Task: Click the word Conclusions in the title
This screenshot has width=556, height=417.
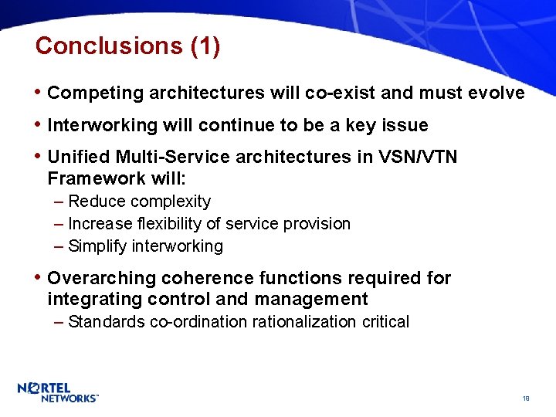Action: pos(109,46)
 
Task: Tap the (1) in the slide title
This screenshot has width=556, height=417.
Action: pos(205,46)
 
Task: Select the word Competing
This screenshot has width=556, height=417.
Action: pos(96,93)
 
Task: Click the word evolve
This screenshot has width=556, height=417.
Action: pos(497,93)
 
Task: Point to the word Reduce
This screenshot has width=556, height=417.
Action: pos(97,202)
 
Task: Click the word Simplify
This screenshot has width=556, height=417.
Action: pos(98,246)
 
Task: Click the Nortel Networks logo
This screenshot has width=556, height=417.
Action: pos(58,392)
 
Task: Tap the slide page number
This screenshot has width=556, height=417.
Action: pos(525,398)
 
